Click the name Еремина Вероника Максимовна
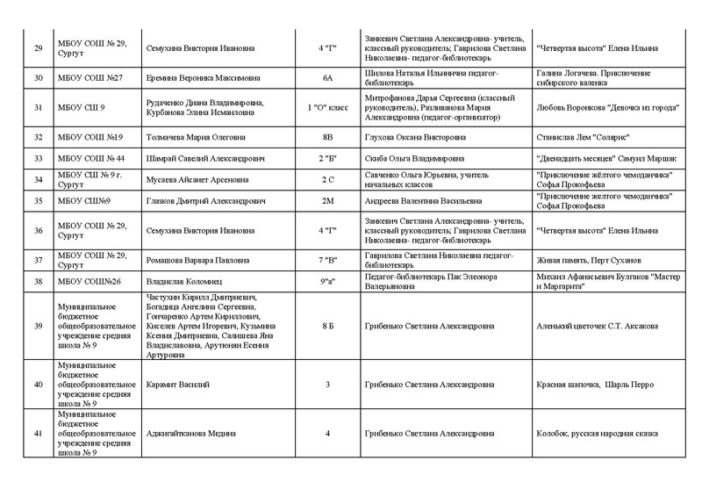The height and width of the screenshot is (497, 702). pos(194,78)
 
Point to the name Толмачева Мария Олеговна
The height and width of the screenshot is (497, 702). pos(195,137)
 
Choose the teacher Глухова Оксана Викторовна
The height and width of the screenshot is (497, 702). pos(412,137)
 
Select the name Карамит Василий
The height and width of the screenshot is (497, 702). pos(174,385)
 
